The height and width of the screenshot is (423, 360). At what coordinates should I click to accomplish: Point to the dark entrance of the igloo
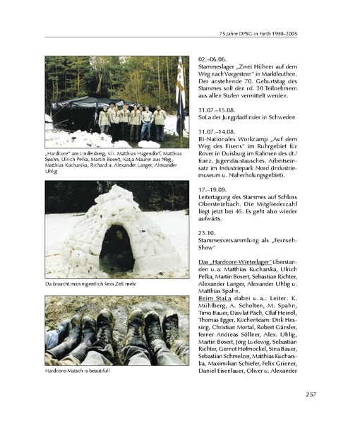click(x=117, y=249)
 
